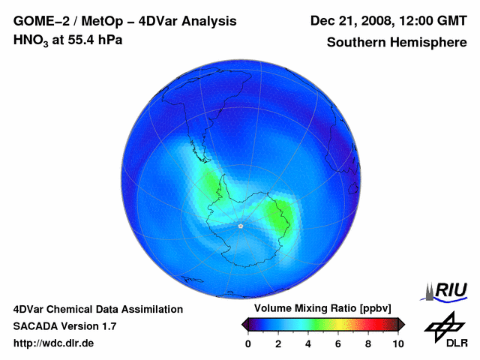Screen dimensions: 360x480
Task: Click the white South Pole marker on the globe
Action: click(240, 225)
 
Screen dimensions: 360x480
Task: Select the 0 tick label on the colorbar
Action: click(248, 343)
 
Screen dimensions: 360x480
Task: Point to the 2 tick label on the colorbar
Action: click(278, 343)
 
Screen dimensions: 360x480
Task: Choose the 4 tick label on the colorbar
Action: click(308, 343)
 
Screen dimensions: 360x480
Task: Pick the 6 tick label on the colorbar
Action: click(338, 343)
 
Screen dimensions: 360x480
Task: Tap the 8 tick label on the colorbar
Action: click(368, 343)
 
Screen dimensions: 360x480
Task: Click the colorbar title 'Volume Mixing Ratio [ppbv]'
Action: click(323, 309)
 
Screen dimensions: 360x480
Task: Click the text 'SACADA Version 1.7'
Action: click(64, 326)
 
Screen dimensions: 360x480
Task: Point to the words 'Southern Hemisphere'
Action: click(397, 43)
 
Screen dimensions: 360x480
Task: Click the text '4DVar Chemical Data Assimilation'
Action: click(97, 309)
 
